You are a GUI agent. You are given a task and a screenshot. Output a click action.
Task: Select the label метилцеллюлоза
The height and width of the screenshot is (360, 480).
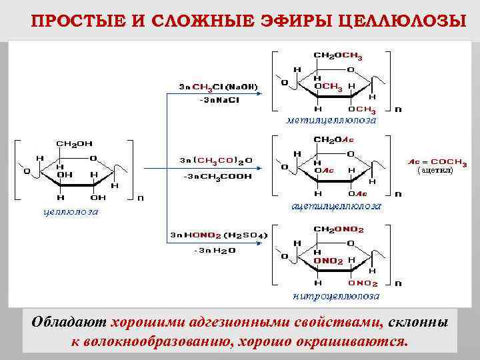click(x=331, y=121)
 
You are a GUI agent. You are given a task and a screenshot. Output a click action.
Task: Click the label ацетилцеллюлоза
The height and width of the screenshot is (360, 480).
click(x=337, y=206)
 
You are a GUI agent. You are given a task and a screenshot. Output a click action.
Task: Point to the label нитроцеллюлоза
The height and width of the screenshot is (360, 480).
click(x=337, y=295)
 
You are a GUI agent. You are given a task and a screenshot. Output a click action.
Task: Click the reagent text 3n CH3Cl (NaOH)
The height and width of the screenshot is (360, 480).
click(x=218, y=87)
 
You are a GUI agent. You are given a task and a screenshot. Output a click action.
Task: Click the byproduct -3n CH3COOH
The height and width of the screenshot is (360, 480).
click(x=218, y=177)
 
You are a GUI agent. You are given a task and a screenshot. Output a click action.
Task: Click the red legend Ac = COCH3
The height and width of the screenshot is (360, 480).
click(x=436, y=161)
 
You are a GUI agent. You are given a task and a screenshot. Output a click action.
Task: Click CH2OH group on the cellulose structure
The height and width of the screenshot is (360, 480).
click(x=75, y=143)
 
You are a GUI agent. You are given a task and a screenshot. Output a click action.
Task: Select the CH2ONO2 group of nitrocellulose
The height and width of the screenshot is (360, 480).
click(x=339, y=229)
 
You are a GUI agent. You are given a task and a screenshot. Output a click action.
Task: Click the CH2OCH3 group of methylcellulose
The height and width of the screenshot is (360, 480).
click(x=338, y=56)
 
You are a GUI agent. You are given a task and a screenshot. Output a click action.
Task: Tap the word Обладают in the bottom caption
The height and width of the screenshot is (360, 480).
click(x=69, y=322)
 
